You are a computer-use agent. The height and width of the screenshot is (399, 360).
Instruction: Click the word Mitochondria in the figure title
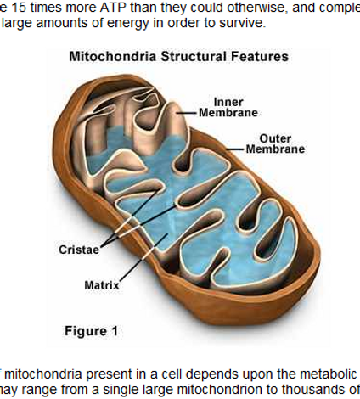112,56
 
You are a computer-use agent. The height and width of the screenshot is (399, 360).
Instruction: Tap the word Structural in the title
194,56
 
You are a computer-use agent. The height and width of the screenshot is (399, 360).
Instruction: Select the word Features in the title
260,56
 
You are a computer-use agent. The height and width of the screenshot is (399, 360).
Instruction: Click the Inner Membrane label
228,107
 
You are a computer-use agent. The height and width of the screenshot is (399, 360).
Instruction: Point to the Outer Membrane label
275,143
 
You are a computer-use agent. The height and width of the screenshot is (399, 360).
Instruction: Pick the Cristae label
79,250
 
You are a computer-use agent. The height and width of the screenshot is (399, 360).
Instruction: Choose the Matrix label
102,285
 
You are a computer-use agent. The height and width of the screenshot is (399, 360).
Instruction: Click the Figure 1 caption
91,331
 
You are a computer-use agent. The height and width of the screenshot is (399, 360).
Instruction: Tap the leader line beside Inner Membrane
187,113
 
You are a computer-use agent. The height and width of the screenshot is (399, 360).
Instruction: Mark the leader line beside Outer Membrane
235,149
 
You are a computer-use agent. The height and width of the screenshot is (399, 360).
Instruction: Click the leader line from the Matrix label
143,257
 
